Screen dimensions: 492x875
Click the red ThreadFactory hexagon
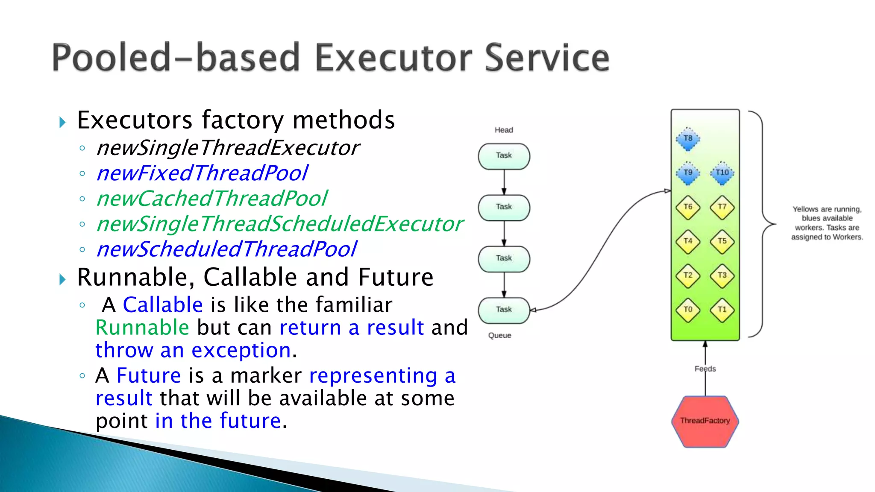pyautogui.click(x=705, y=421)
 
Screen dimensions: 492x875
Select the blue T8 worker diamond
pyautogui.click(x=688, y=139)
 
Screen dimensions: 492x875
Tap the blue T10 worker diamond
pyautogui.click(x=722, y=173)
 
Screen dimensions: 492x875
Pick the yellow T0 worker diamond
pyautogui.click(x=688, y=310)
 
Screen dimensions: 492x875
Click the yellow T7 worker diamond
pyautogui.click(x=722, y=207)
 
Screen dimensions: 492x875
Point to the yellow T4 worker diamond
pyautogui.click(x=688, y=241)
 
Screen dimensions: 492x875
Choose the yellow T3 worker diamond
pyautogui.click(x=722, y=275)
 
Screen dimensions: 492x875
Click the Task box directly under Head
pyautogui.click(x=504, y=156)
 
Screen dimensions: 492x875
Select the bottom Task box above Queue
pyautogui.click(x=504, y=310)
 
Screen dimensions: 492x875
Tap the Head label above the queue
pyautogui.click(x=504, y=130)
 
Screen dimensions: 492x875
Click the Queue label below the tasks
pyautogui.click(x=499, y=335)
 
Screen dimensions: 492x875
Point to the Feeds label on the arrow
pyautogui.click(x=705, y=369)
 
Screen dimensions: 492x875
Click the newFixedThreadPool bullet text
pyautogui.click(x=202, y=173)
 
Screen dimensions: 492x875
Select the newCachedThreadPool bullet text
pyautogui.click(x=212, y=199)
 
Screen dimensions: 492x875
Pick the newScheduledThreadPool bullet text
pyautogui.click(x=226, y=249)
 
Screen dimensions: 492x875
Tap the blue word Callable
pyautogui.click(x=163, y=305)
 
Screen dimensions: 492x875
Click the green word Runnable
pyautogui.click(x=142, y=328)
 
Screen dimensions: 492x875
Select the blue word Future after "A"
pyautogui.click(x=149, y=376)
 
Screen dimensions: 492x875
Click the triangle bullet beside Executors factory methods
pyautogui.click(x=63, y=123)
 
